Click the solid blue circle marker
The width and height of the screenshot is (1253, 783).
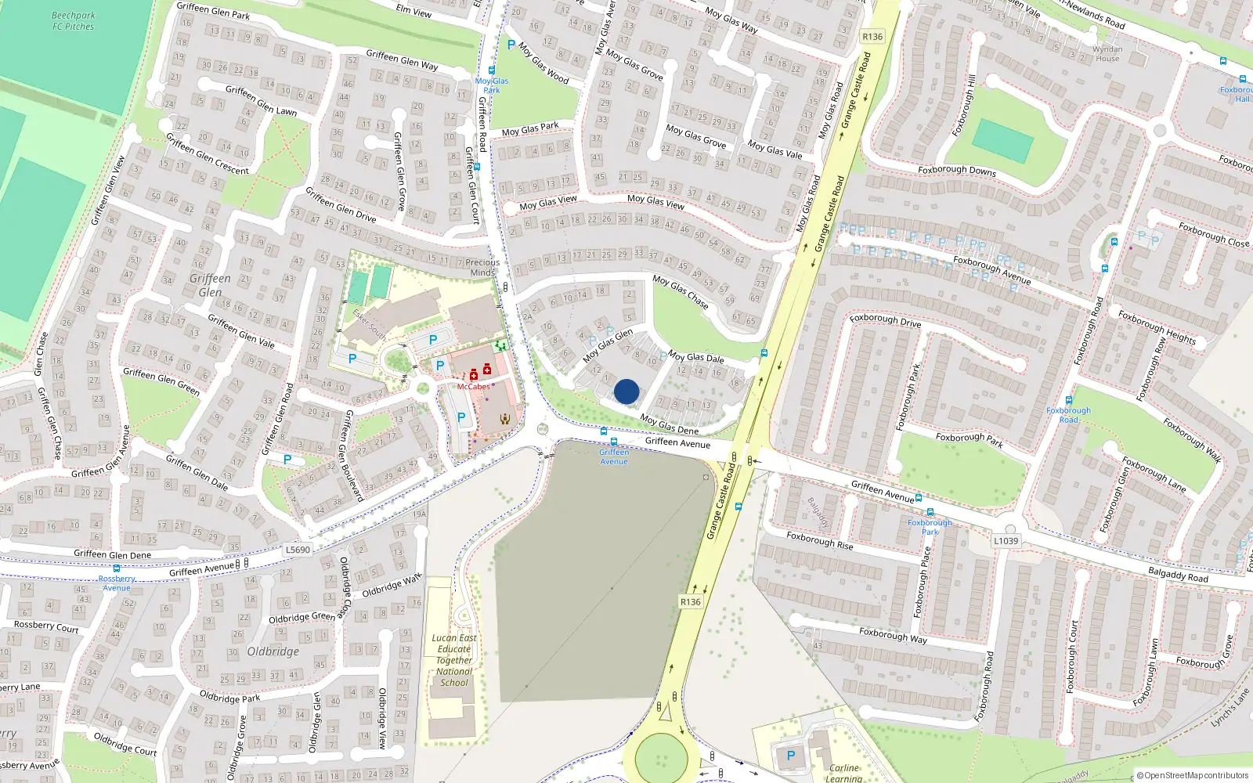pos(626,391)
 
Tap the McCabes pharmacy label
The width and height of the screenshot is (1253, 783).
pos(473,387)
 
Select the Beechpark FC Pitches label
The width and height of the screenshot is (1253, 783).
pos(73,21)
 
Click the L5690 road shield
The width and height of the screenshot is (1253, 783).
pos(298,550)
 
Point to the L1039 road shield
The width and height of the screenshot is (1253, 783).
pos(1006,541)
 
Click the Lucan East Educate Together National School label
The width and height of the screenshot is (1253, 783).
pos(454,660)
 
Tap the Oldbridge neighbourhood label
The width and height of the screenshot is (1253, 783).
pos(273,651)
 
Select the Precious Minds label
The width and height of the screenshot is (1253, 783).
pos(482,268)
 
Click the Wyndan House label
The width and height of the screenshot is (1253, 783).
pos(1107,54)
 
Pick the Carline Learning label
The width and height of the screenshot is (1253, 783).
pos(843,773)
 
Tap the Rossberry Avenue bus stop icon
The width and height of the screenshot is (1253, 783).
pos(117,569)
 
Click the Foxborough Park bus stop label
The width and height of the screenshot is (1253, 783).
pos(930,527)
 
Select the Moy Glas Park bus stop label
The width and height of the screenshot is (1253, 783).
pos(492,85)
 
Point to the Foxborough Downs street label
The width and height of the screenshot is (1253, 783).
pos(957,170)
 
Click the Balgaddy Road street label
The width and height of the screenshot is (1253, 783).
pos(1178,575)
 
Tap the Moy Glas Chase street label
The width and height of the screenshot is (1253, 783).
pos(681,291)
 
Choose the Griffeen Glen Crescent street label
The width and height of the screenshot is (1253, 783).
pos(208,153)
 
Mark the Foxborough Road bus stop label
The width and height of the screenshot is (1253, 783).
pos(1068,415)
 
